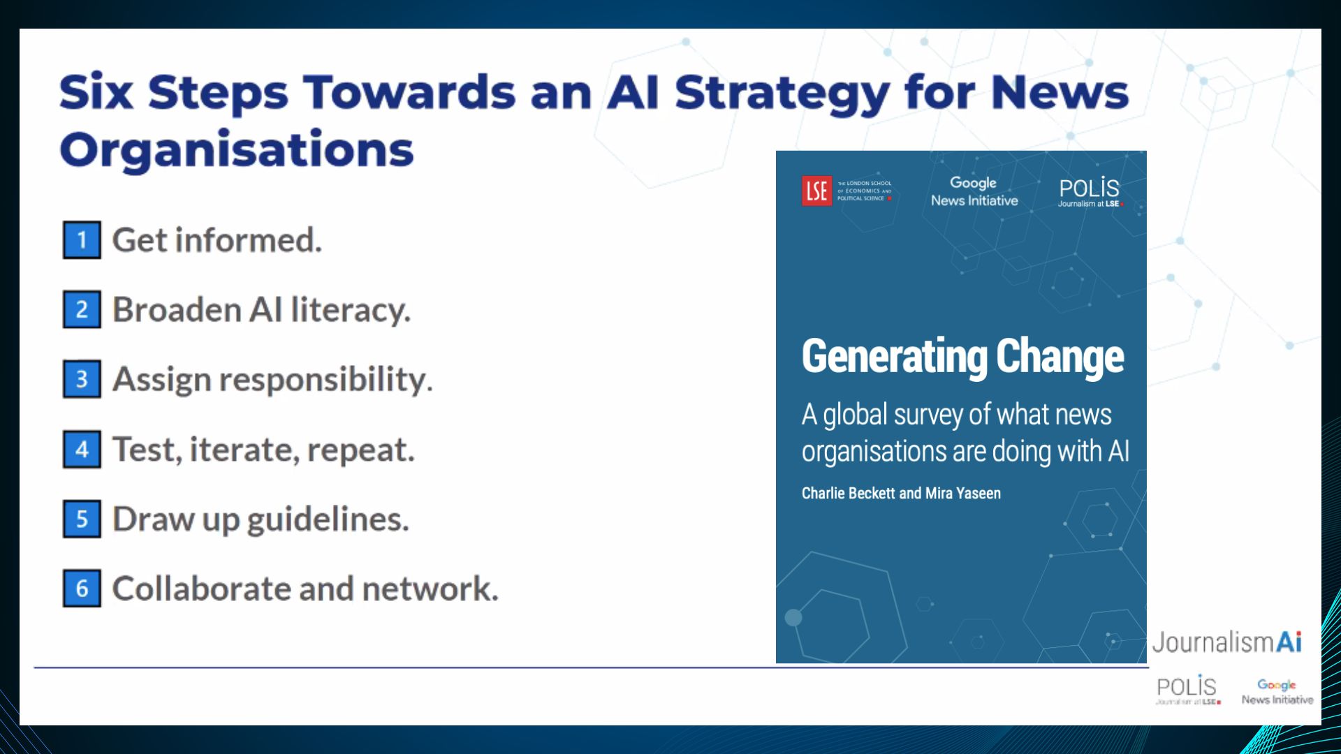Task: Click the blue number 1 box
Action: [82, 240]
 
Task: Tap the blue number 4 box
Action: [82, 449]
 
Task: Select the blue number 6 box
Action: [82, 589]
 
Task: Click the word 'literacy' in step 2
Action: [350, 310]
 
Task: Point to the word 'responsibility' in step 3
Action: [325, 380]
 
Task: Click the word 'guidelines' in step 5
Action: [328, 519]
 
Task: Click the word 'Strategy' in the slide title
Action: [782, 93]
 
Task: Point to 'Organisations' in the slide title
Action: [237, 150]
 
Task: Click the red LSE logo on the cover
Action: [816, 191]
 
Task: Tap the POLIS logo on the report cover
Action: [1089, 191]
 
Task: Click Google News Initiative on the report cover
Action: [974, 191]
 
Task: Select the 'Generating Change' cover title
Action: [962, 357]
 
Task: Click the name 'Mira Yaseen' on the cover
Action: [962, 494]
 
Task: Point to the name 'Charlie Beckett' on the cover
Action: [848, 494]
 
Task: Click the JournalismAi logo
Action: [1226, 642]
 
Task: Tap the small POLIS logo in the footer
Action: [1187, 689]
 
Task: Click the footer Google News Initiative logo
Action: [1277, 691]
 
